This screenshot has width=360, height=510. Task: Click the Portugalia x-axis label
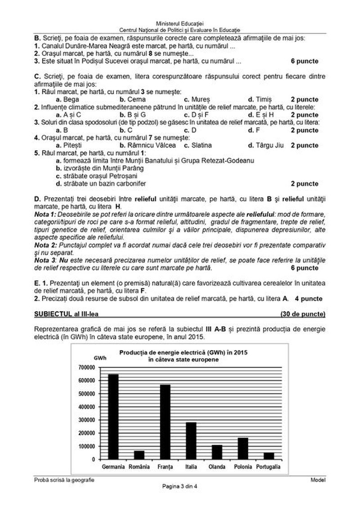pyautogui.click(x=268, y=467)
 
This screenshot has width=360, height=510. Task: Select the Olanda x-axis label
pyautogui.click(x=217, y=467)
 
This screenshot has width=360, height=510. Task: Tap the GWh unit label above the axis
pyautogui.click(x=100, y=358)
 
